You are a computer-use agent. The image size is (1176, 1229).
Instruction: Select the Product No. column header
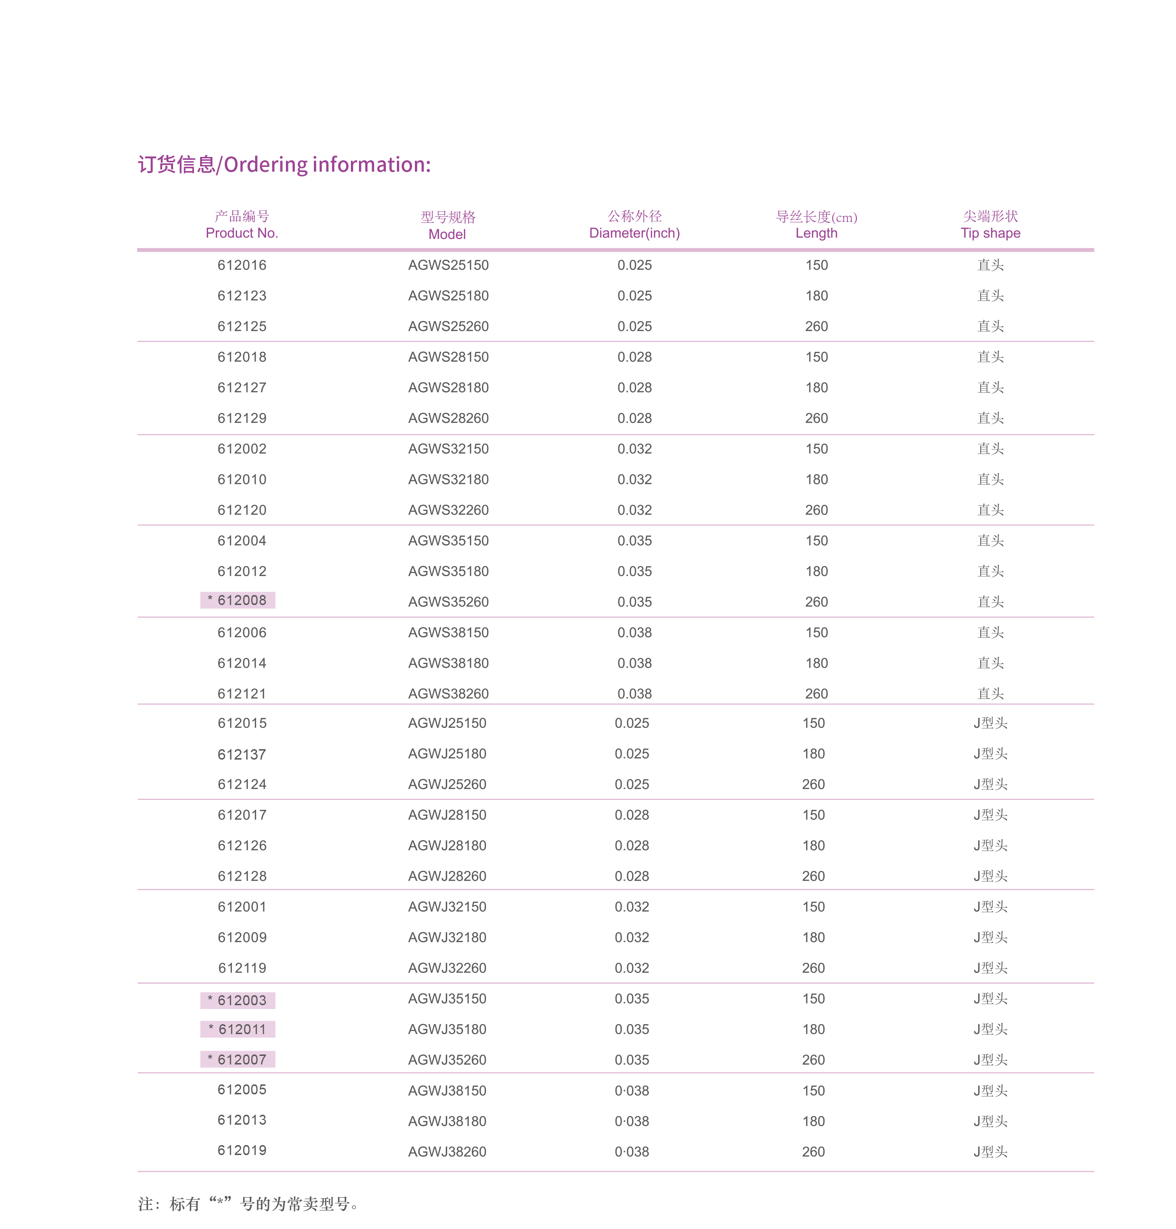242,225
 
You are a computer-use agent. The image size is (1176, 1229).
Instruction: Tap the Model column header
448,226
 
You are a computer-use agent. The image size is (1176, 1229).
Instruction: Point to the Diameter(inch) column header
634,225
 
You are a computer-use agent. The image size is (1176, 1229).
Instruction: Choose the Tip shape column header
991,225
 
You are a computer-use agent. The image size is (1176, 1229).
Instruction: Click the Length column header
816,225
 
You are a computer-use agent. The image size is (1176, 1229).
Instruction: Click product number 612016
242,265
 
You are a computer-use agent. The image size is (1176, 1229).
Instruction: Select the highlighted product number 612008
238,600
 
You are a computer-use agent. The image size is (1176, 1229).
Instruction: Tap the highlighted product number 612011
238,1029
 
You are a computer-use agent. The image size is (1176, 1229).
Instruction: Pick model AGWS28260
448,418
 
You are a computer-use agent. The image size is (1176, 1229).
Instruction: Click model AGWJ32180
447,937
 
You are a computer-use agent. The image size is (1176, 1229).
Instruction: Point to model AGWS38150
448,633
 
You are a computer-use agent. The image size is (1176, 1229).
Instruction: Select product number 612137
242,754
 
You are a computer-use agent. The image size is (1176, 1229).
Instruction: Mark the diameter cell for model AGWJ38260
632,1152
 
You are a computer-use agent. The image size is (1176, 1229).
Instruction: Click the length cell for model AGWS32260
816,510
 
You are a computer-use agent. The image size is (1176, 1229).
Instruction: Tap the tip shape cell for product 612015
991,723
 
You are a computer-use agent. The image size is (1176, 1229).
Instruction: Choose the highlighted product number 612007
238,1060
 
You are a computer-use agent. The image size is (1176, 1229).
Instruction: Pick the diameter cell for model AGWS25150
634,265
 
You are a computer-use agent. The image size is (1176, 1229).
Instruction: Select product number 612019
242,1151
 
